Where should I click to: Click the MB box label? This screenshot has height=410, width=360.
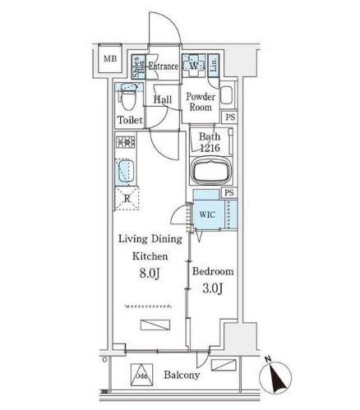[x=108, y=58]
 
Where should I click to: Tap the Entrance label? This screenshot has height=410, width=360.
[x=164, y=66]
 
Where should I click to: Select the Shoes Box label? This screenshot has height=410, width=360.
[x=137, y=68]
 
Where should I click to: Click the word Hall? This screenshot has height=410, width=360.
[x=162, y=100]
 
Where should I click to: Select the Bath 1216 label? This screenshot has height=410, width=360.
[x=209, y=143]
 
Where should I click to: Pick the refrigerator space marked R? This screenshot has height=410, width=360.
[x=127, y=198]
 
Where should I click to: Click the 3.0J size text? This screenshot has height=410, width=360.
[x=213, y=290]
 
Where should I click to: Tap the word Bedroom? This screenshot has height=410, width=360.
[x=213, y=271]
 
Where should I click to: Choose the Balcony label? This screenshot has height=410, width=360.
[x=182, y=375]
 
